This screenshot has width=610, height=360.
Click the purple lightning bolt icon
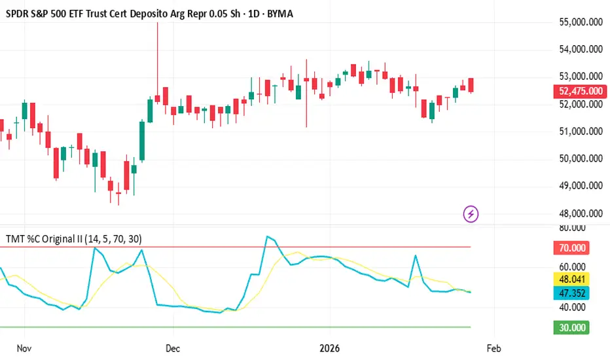pyautogui.click(x=471, y=213)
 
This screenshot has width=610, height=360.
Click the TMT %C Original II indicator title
pyautogui.click(x=73, y=239)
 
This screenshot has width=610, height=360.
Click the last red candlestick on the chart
pyautogui.click(x=471, y=84)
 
